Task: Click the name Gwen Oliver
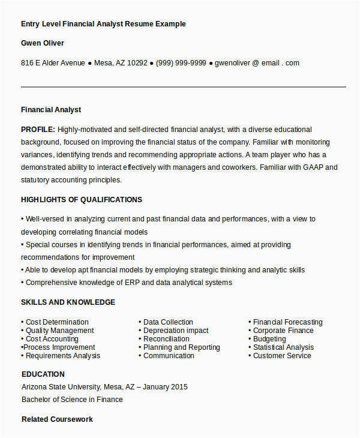tap(42, 43)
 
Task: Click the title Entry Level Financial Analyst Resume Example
tap(103, 24)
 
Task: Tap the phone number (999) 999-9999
tap(181, 62)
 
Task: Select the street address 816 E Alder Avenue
tap(53, 62)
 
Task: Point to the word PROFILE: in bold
tap(38, 129)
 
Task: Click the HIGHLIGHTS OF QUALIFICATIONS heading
tap(81, 199)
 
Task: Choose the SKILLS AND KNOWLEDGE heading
tap(68, 302)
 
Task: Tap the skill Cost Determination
tap(56, 322)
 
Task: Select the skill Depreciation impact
tap(176, 331)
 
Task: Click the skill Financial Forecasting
tap(287, 322)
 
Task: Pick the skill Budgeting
tap(269, 339)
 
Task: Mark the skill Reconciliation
tap(166, 339)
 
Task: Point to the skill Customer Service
tap(282, 356)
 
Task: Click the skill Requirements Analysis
tap(62, 356)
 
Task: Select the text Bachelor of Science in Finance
tap(71, 399)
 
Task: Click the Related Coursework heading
tap(57, 419)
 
